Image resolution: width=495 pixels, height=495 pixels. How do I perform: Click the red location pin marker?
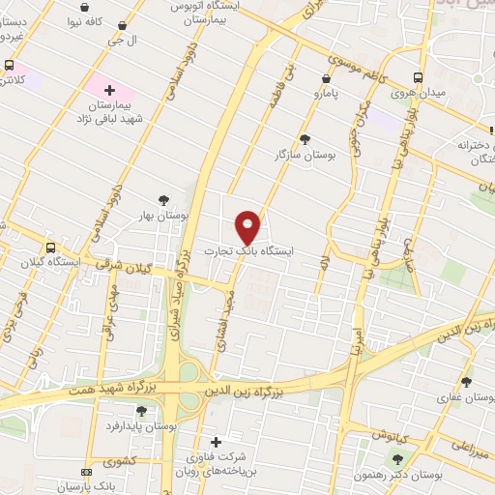pyautogui.click(x=248, y=227)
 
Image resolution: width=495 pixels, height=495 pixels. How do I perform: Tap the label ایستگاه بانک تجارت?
pyautogui.click(x=248, y=250)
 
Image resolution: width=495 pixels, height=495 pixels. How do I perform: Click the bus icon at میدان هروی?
pyautogui.click(x=418, y=78)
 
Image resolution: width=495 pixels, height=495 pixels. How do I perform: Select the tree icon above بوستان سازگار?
pyautogui.click(x=306, y=139)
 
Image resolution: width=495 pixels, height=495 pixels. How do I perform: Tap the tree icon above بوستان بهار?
pyautogui.click(x=164, y=201)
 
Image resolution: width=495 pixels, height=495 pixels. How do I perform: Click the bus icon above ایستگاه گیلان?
pyautogui.click(x=52, y=247)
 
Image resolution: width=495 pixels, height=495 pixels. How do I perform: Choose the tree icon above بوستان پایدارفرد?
pyautogui.click(x=142, y=411)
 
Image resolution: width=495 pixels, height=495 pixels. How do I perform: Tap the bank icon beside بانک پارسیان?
pyautogui.click(x=86, y=472)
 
